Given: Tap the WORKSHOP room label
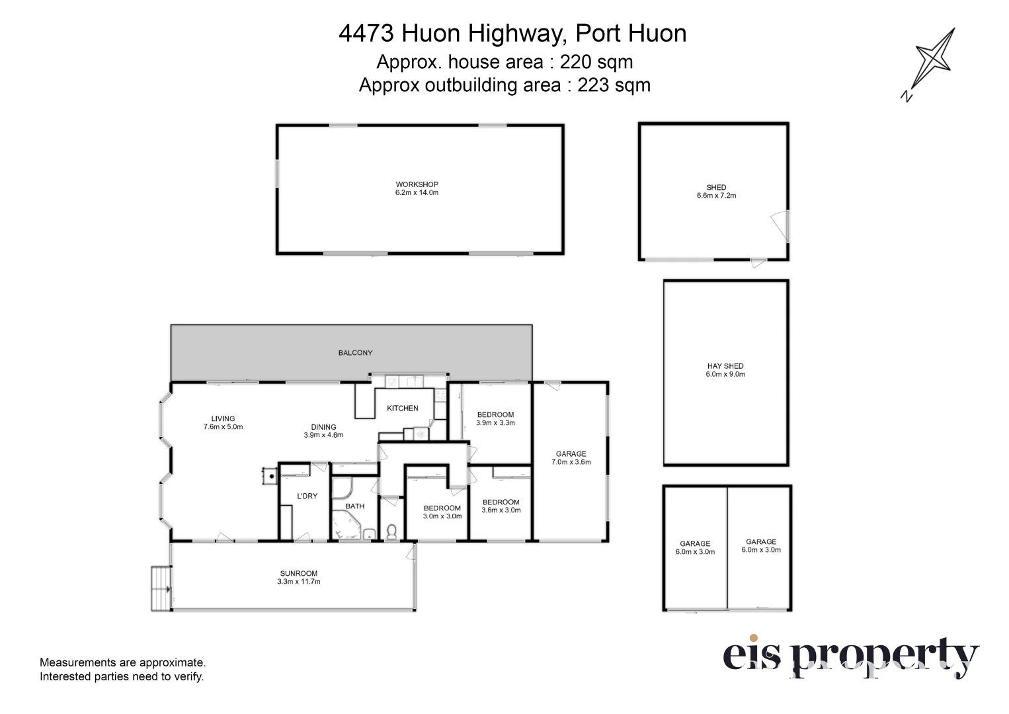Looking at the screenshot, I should tap(417, 188).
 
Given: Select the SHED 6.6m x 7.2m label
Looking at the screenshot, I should tap(716, 191).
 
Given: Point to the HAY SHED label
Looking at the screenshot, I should tap(725, 370).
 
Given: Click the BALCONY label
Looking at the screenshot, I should tap(355, 353).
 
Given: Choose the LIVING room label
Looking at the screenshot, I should tap(223, 422).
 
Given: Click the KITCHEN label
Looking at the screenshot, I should tap(402, 408).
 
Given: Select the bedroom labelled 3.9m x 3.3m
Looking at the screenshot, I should tap(495, 418).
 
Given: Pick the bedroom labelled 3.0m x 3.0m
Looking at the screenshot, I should tap(442, 512).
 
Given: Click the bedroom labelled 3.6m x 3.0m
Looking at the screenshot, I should tap(501, 506).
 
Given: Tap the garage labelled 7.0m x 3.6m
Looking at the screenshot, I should tap(571, 457).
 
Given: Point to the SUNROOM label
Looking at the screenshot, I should tap(298, 577).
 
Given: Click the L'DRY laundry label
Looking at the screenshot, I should tap(307, 496).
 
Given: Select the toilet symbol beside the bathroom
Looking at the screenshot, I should tap(391, 531).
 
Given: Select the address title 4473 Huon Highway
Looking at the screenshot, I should tap(512, 33).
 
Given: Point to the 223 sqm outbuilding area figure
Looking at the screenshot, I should tap(614, 85).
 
